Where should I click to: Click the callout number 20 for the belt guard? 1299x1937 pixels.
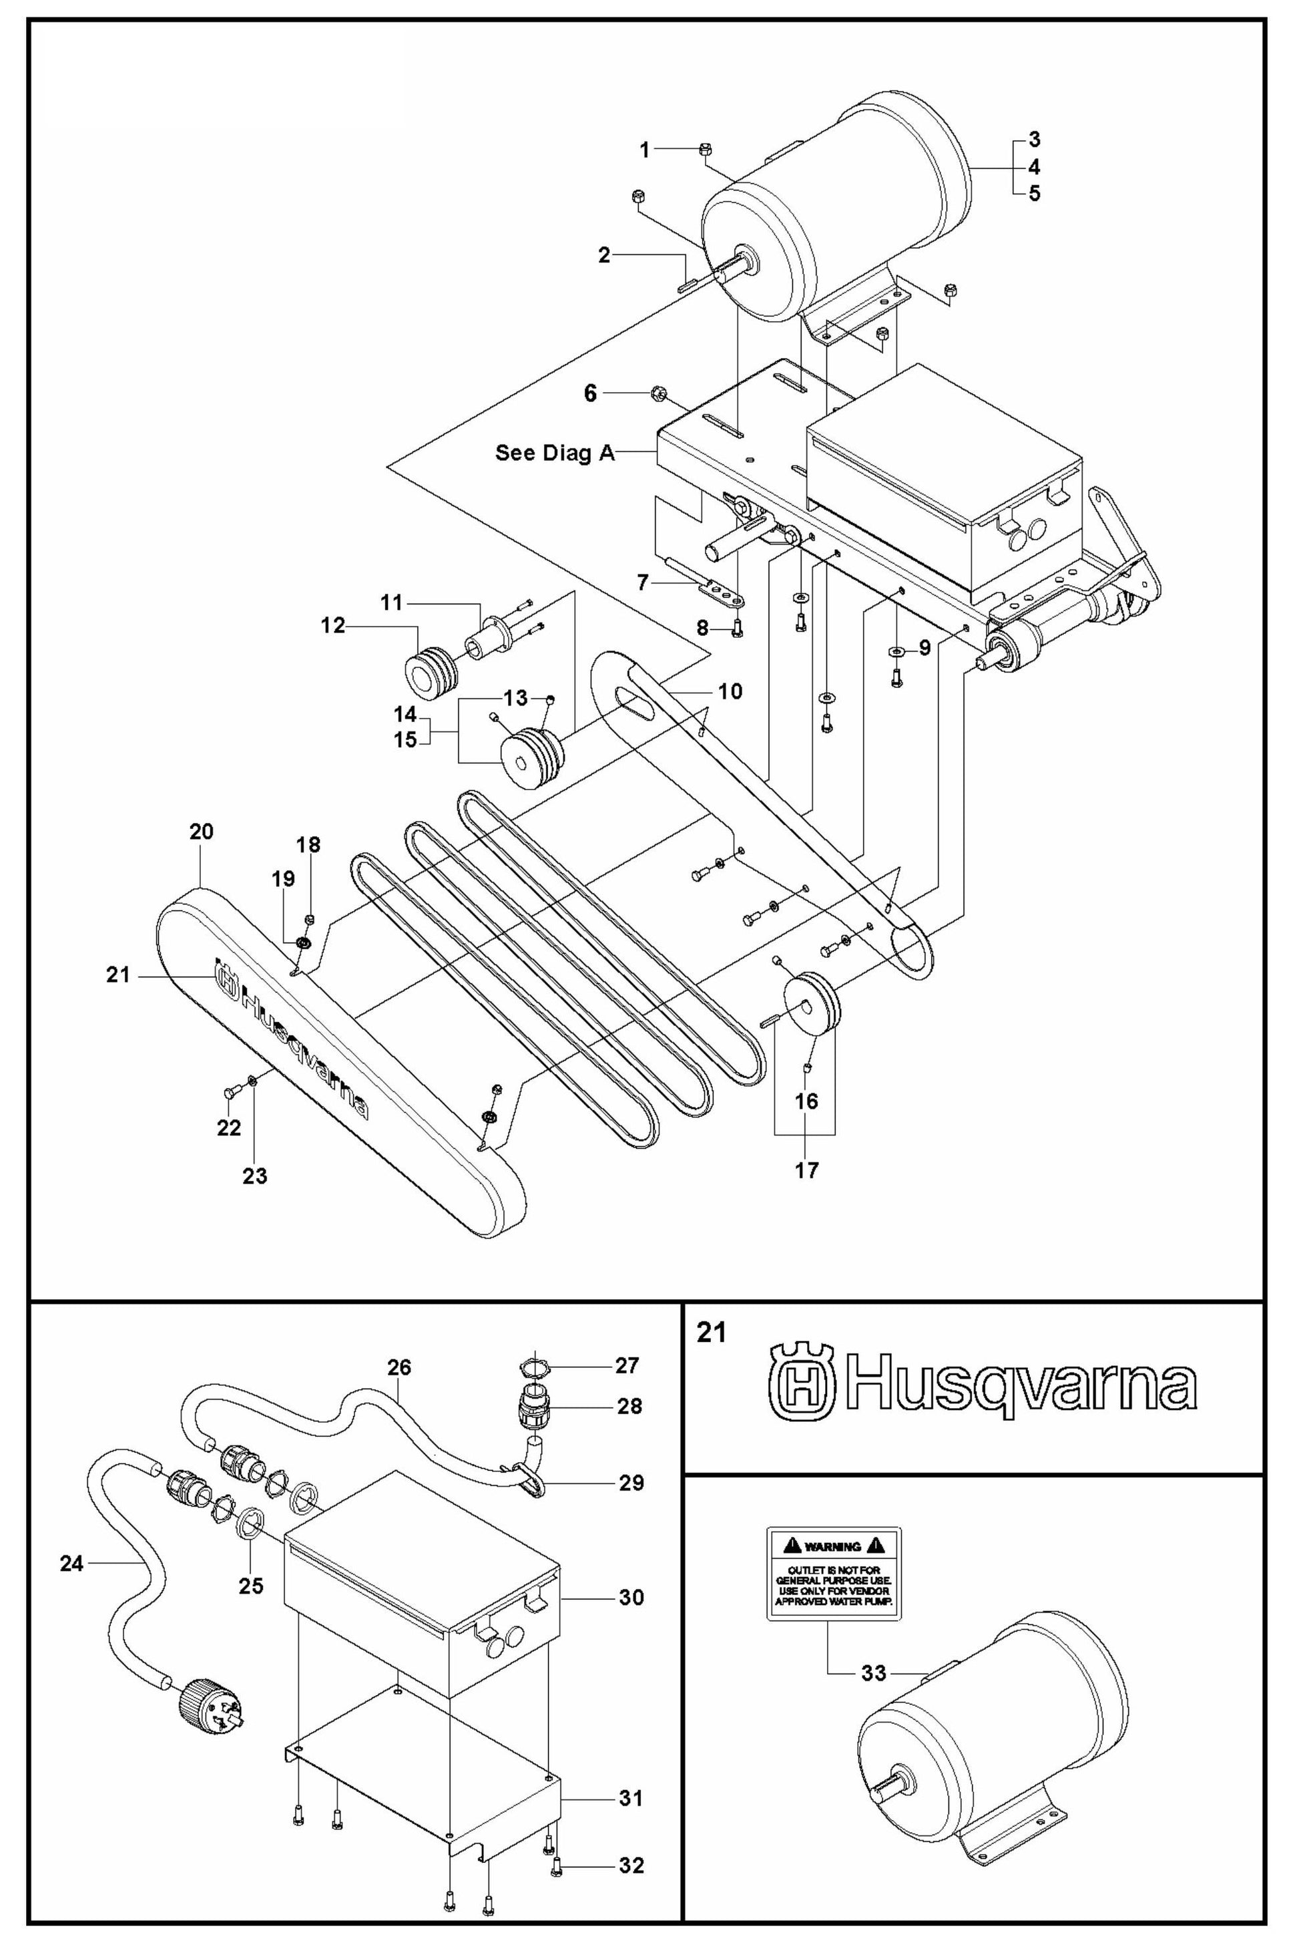coord(202,832)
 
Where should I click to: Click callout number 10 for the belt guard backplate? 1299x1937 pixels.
coord(730,691)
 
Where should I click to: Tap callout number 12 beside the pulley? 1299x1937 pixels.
coord(333,627)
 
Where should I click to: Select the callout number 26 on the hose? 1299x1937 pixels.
coord(399,1367)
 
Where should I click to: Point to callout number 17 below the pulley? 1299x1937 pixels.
coord(806,1170)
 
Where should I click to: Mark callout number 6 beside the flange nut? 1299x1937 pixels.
coord(590,393)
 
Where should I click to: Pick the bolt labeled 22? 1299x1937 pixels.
coord(229,1094)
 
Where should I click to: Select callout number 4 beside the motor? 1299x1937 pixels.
coord(1034,166)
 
